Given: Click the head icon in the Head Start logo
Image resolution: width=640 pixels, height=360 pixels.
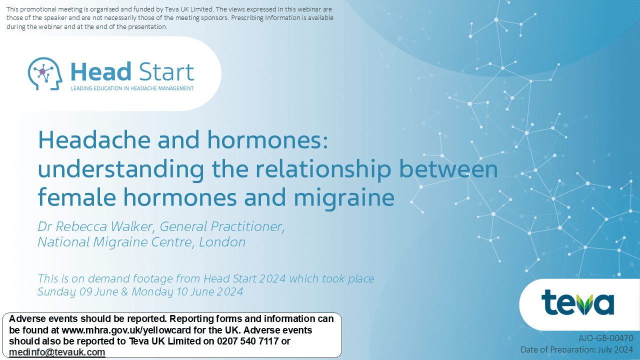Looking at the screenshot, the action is (45, 73).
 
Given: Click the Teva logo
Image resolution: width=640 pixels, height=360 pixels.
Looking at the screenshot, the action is (577, 302).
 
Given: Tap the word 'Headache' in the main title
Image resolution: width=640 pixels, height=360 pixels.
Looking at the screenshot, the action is (94, 139).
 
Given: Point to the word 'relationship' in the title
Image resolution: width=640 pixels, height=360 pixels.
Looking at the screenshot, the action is (323, 169).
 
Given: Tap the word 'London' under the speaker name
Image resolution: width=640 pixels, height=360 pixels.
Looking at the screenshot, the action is (222, 242).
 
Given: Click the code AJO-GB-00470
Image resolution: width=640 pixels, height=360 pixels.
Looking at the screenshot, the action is (605, 338).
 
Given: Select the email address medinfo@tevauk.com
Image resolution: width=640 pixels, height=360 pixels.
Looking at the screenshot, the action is (57, 352).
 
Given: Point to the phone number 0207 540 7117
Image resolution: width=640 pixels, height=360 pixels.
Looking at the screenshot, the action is (247, 341).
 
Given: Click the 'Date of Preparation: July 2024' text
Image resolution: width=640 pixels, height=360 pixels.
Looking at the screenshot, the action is (577, 349).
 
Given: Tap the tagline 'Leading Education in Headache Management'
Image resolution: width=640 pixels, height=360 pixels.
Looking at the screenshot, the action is (132, 88).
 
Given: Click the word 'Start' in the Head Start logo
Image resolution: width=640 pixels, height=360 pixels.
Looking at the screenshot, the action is (167, 71).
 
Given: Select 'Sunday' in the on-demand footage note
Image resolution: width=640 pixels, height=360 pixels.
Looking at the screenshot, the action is (56, 292).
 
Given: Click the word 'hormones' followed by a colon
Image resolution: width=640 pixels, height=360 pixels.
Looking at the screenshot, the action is (267, 139).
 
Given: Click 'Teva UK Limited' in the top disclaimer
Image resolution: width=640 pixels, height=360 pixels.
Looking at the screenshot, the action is (188, 9).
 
